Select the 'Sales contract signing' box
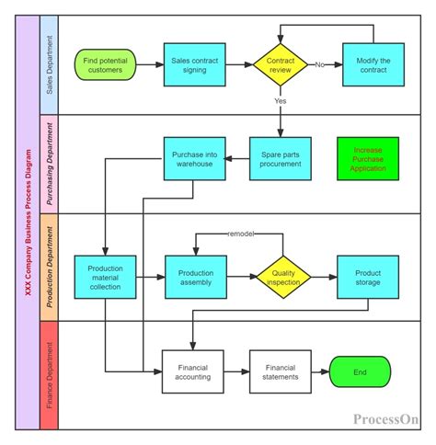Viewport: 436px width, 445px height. [x=194, y=65]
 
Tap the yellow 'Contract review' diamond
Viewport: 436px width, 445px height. [x=281, y=65]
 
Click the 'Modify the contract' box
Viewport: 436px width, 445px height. [x=373, y=65]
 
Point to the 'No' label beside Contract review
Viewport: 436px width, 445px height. [x=320, y=65]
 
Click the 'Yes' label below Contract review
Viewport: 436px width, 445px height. [x=281, y=100]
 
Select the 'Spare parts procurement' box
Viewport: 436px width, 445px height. [x=281, y=159]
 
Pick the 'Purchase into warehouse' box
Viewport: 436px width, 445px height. [x=194, y=159]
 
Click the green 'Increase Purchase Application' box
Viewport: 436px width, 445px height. [x=368, y=159]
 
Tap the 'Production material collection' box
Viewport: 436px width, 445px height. [x=107, y=276]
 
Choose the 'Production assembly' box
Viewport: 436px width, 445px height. [x=194, y=276]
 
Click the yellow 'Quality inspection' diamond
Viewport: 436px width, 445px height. [x=283, y=276]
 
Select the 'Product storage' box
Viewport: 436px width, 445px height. [x=367, y=276]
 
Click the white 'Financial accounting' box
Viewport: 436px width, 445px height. [x=194, y=371]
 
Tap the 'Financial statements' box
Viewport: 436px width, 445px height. [x=281, y=371]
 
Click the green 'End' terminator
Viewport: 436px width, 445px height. [x=361, y=371]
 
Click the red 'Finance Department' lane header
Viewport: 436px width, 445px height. [x=49, y=374]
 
